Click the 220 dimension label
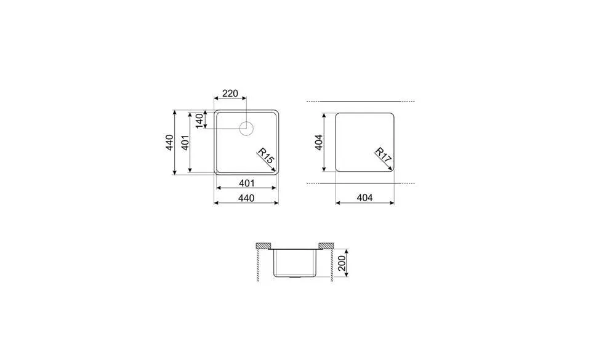(x=229, y=94)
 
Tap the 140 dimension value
(x=199, y=121)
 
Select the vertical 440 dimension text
(x=168, y=143)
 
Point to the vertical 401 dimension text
(x=183, y=143)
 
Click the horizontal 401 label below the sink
(x=246, y=183)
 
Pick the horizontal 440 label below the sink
(x=246, y=198)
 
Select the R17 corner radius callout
(x=382, y=157)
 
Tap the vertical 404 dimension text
(x=318, y=143)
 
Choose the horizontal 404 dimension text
(x=364, y=198)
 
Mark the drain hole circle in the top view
(x=246, y=129)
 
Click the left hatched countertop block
(x=263, y=246)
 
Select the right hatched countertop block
(x=326, y=246)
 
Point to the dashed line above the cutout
(x=361, y=101)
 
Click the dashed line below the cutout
(x=361, y=183)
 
